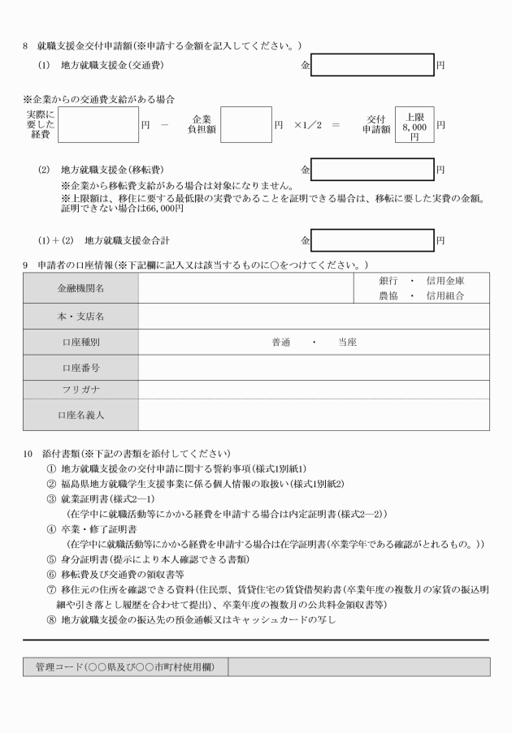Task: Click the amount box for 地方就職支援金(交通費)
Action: pyautogui.click(x=372, y=63)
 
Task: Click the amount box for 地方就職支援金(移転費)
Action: pyautogui.click(x=372, y=170)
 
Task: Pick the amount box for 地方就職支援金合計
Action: pyautogui.click(x=372, y=241)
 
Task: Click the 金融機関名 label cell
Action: pyautogui.click(x=80, y=288)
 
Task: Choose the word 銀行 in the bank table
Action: pyautogui.click(x=389, y=281)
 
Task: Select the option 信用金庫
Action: pyautogui.click(x=444, y=281)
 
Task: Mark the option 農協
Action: pyautogui.click(x=389, y=296)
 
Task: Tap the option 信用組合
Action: pyautogui.click(x=444, y=296)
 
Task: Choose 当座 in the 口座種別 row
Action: pyautogui.click(x=347, y=343)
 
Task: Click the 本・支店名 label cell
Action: pyautogui.click(x=80, y=315)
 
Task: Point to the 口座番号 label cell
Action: pyautogui.click(x=80, y=369)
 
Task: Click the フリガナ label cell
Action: pyautogui.click(x=80, y=390)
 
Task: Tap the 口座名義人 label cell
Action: pyautogui.click(x=80, y=415)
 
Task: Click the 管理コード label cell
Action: pyautogui.click(x=125, y=666)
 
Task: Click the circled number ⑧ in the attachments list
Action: pyautogui.click(x=53, y=620)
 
